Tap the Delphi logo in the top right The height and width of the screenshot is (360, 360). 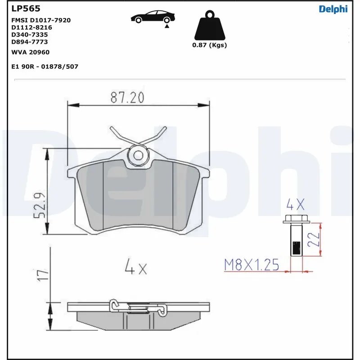[x=333, y=9]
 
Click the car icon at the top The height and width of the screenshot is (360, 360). [x=152, y=17]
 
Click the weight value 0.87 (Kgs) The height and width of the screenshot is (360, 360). [x=209, y=45]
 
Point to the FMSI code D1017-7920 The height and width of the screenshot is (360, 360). [x=40, y=20]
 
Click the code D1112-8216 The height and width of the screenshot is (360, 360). [x=30, y=27]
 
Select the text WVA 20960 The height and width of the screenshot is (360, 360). [x=30, y=52]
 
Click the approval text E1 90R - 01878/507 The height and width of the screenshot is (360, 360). [x=45, y=66]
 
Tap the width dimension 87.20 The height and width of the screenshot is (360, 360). [x=127, y=97]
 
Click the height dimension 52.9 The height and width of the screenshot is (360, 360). [x=39, y=205]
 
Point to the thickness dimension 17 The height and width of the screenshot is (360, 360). [x=42, y=275]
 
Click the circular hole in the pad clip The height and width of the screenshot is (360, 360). [x=139, y=155]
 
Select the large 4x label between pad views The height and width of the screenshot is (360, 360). [x=135, y=269]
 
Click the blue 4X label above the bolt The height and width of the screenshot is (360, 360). [x=296, y=206]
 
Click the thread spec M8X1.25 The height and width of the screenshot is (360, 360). [x=252, y=265]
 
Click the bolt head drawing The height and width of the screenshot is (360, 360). [x=295, y=220]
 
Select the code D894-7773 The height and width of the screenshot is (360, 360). [x=29, y=42]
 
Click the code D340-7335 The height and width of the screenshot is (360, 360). [x=29, y=35]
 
